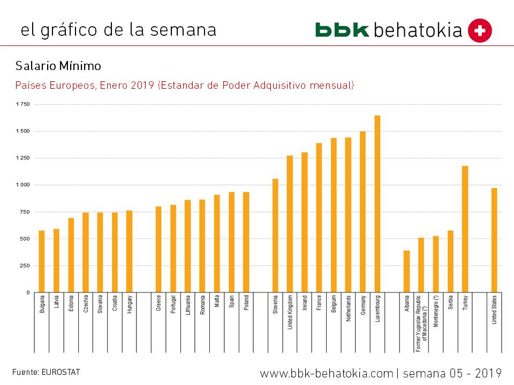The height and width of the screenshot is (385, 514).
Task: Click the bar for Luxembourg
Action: point(377,204)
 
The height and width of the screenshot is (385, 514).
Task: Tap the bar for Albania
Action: point(407,271)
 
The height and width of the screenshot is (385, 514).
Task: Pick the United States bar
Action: point(494,240)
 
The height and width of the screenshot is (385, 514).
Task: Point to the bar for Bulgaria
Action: point(42,261)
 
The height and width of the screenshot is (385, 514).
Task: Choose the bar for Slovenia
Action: point(275,235)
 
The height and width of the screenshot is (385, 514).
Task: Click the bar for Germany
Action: point(363,212)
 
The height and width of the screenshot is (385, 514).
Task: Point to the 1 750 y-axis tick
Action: point(22,104)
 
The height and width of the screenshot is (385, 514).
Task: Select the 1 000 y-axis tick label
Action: point(22,185)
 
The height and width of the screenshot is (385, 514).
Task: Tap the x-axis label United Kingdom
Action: point(290,312)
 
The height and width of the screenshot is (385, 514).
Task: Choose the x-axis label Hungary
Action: point(130,304)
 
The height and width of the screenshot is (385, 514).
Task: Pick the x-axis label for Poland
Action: point(246,303)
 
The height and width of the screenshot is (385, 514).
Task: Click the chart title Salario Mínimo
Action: point(58,66)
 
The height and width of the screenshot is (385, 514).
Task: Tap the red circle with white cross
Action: point(480,30)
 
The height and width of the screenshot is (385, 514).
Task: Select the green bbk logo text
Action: point(342,30)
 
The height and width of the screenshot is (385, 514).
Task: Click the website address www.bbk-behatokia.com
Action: point(327,373)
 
